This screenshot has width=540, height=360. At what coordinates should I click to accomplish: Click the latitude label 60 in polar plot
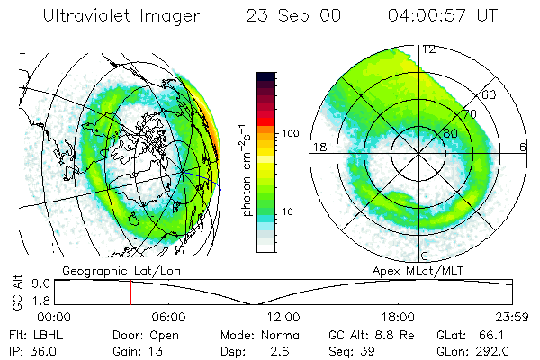pos(490,95)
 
